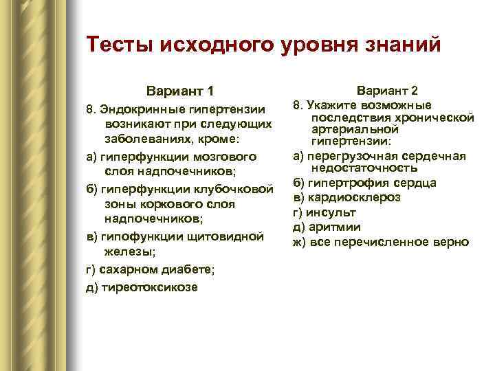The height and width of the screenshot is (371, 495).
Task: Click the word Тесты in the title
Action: pos(119,45)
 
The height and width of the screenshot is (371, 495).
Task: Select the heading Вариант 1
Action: pos(180,91)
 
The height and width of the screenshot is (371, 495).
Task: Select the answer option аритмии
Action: pos(334,227)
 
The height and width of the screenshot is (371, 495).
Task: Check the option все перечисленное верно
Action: pos(388,242)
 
